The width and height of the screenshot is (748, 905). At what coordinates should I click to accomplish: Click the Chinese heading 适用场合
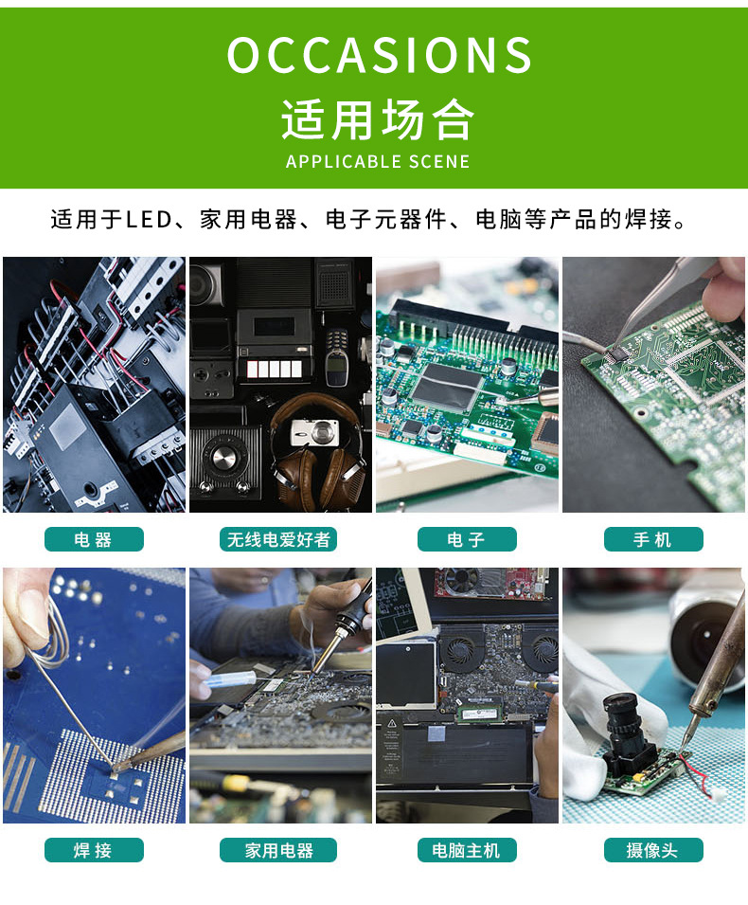coord(377,120)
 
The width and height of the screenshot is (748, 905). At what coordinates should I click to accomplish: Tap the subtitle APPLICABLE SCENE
coord(377,161)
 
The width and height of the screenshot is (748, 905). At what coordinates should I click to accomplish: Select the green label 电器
coord(94,539)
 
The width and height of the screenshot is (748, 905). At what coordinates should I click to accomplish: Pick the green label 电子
coord(467,539)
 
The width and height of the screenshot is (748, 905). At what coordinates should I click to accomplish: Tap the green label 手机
coord(653,539)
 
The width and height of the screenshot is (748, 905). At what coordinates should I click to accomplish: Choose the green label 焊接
coord(94,850)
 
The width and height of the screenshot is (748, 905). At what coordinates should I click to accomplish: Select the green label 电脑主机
coord(467,850)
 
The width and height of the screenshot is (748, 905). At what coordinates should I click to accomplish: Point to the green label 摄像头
coord(653,850)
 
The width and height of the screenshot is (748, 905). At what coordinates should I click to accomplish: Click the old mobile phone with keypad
coord(337,355)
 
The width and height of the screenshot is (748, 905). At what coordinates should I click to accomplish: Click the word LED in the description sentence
coord(150,220)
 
